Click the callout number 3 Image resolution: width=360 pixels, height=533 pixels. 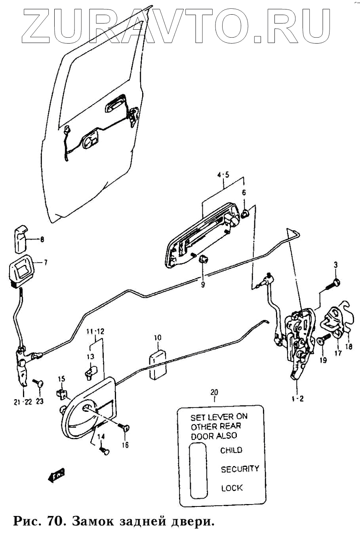tap(335, 265)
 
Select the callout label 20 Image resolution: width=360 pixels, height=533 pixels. tap(214, 392)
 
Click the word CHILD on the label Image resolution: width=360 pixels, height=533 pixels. tap(231, 450)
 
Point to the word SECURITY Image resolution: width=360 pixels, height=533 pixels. tap(240, 469)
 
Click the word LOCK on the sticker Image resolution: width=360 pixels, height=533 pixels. tap(232, 488)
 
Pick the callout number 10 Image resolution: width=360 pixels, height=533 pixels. tap(158, 338)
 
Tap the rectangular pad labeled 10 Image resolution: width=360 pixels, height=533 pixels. tap(158, 364)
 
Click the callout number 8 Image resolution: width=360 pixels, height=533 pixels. tap(42, 239)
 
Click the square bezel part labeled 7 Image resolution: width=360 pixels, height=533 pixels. tap(21, 272)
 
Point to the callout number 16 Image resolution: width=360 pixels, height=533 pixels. tap(125, 445)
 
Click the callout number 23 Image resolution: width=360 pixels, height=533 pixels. tap(40, 401)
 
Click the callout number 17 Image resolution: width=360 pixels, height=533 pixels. tap(337, 353)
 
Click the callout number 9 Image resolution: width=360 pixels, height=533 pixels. tap(203, 284)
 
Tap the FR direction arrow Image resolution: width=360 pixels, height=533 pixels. tap(56, 475)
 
